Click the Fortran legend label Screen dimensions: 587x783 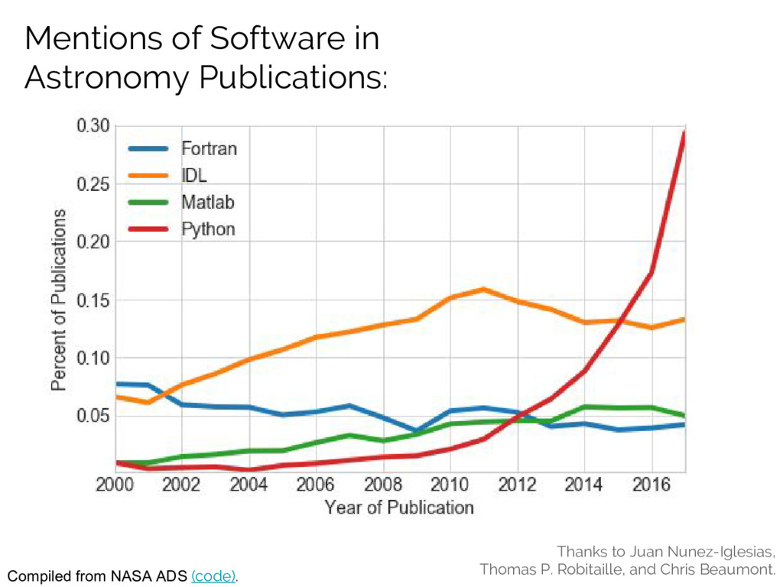click(208, 149)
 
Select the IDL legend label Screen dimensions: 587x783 click(193, 176)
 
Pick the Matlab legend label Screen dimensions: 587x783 click(206, 203)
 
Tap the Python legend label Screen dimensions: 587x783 click(208, 229)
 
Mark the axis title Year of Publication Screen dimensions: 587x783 click(398, 508)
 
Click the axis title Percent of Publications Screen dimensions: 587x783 click(59, 300)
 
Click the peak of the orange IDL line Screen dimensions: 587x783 click(483, 289)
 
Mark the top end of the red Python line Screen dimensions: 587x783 click(684, 133)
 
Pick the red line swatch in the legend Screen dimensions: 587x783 click(150, 229)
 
